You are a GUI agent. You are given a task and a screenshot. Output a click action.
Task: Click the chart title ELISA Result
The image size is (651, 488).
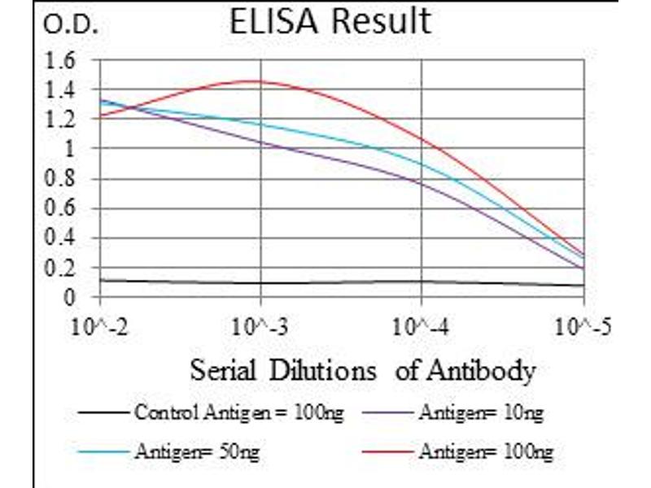point(330,21)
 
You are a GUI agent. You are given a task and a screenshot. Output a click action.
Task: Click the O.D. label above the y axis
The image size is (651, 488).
point(70,26)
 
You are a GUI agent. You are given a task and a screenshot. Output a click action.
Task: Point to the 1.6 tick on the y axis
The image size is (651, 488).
point(63,60)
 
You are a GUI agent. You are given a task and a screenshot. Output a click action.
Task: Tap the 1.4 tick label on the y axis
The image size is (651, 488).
point(63,89)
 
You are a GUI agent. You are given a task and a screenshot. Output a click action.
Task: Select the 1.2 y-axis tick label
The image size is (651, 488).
point(63,120)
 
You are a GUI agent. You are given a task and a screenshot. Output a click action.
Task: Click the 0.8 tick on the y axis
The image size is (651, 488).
point(63,179)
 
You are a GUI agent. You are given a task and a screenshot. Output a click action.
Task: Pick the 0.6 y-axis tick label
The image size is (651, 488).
point(63,209)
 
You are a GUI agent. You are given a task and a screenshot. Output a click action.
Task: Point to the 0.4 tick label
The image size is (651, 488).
point(63,238)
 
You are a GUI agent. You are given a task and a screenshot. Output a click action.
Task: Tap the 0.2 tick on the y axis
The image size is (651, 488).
point(63,268)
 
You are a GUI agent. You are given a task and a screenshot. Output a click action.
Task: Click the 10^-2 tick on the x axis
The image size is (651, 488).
point(100,328)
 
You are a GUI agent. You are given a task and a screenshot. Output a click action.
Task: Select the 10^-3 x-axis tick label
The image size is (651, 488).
point(260,328)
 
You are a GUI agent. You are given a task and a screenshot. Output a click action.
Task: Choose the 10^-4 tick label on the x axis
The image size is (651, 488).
point(422,328)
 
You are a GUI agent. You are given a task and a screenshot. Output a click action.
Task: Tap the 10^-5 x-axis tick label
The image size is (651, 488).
point(583,328)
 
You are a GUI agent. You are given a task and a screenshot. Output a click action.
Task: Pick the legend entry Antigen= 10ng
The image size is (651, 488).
point(480,413)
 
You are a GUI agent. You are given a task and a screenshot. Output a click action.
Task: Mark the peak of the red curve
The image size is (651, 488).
point(259,81)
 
